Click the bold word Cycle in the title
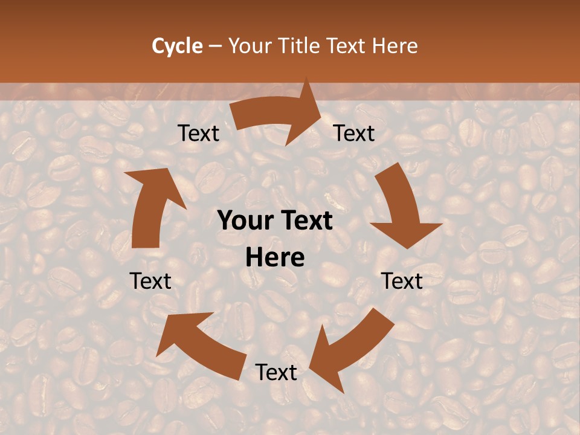(177, 46)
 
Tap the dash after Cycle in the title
(215, 46)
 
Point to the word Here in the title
(395, 46)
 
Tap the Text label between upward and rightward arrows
(199, 134)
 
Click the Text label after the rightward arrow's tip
(354, 134)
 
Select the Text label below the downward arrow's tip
(402, 281)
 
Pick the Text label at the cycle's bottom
(276, 372)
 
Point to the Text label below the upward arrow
(150, 281)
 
